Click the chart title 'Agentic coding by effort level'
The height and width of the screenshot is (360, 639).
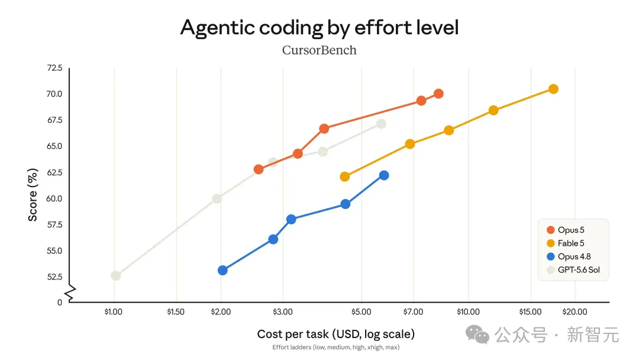[x=319, y=28]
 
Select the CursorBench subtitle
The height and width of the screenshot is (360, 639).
[x=319, y=50]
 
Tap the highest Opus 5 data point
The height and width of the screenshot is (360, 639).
[x=438, y=94]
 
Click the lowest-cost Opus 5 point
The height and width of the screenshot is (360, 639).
[x=259, y=169]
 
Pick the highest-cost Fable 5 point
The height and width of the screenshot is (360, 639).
[x=553, y=89]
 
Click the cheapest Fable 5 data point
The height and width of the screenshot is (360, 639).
[x=345, y=176]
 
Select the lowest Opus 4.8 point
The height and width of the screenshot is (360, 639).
[x=222, y=271]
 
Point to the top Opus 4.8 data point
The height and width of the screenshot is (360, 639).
[x=384, y=175]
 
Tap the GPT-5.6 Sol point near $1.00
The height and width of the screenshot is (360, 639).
[x=116, y=275]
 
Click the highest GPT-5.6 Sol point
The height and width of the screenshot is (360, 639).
[x=382, y=124]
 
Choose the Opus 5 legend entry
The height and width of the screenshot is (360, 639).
[x=566, y=230]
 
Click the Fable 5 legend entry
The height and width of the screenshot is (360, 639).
[x=566, y=243]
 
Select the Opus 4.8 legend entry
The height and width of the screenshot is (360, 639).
[x=569, y=256]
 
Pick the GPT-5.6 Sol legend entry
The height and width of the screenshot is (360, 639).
[x=573, y=270]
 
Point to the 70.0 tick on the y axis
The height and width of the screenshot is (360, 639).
[x=54, y=94]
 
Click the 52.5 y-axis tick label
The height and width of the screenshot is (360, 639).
[x=54, y=277]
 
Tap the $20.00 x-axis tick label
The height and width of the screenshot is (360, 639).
[x=575, y=312]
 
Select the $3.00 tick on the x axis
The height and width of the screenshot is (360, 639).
[x=283, y=312]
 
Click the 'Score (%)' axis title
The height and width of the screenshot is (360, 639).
[x=33, y=195]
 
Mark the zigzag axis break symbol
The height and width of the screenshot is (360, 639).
[x=71, y=293]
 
